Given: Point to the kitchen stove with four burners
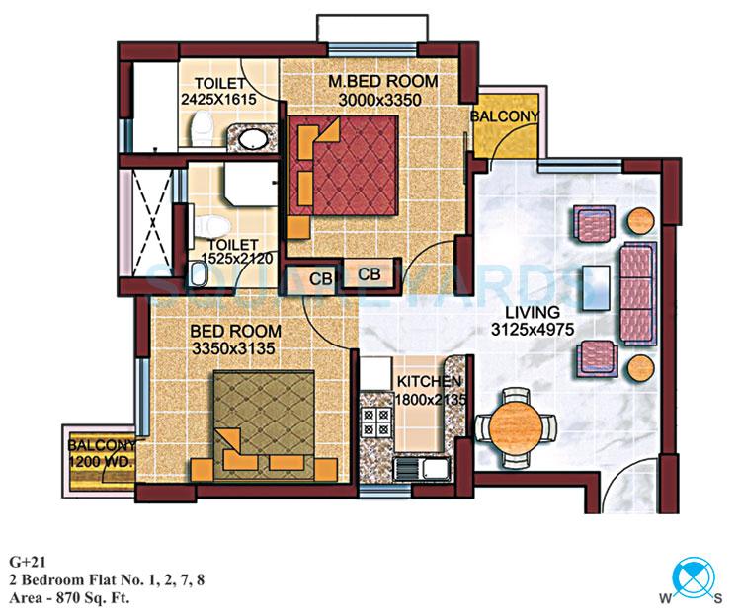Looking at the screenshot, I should coord(377,422).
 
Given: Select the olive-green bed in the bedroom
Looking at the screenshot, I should coord(262,418).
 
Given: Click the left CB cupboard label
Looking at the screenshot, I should coord(320,278).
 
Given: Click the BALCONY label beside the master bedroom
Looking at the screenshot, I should coord(505,116).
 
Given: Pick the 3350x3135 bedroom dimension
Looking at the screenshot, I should coord(235,347).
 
